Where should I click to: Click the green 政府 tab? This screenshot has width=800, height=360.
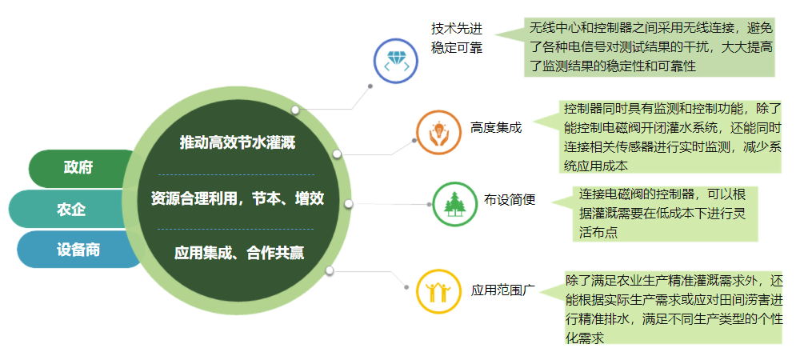tap(79, 168)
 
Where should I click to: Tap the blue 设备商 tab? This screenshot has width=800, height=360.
tap(77, 250)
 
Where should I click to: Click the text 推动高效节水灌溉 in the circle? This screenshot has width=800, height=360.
tap(238, 142)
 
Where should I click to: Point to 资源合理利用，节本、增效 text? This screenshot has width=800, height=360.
tap(238, 198)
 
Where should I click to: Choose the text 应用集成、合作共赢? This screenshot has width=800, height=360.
tap(238, 253)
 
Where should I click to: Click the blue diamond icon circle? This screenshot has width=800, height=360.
tap(396, 61)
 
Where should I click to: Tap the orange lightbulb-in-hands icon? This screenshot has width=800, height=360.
tap(438, 132)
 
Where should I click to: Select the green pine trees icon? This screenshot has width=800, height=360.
tap(454, 204)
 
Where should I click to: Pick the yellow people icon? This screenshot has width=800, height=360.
tap(438, 291)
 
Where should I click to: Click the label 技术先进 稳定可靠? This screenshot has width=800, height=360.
tap(457, 38)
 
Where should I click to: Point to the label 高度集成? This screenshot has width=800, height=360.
tap(496, 127)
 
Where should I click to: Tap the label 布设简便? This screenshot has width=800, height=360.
tap(509, 199)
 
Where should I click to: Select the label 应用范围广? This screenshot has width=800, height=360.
tap(502, 290)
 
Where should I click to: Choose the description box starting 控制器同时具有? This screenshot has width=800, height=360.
tap(670, 137)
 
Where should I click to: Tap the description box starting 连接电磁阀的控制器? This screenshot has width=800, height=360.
tap(665, 214)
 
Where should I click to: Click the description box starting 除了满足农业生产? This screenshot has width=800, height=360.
tap(674, 308)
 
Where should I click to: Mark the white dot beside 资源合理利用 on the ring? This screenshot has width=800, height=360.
tap(349, 204)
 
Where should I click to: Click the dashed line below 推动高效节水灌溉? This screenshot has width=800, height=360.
tap(236, 175)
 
